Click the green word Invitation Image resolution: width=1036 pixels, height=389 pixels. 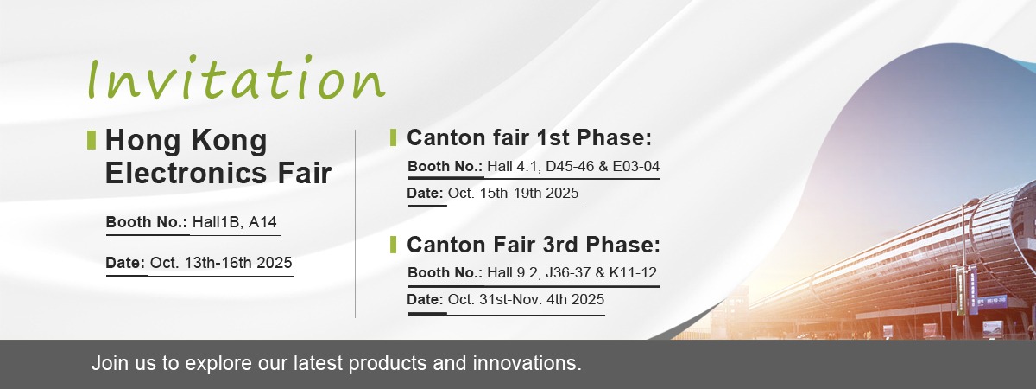(237, 78)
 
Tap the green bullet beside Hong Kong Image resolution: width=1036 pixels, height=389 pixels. (92, 140)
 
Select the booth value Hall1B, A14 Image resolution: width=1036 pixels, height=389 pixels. (235, 222)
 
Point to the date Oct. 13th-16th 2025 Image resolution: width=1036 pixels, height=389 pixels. (221, 263)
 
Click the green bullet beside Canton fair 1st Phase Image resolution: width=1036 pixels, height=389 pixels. (393, 137)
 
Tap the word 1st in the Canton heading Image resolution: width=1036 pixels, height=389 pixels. (553, 137)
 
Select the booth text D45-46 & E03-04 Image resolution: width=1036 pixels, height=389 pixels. (603, 166)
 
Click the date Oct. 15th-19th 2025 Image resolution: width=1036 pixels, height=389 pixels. (514, 193)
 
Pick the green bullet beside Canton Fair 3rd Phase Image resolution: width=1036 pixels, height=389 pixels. (393, 245)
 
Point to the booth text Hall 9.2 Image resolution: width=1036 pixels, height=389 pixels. (514, 272)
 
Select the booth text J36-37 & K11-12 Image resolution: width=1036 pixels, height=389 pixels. (601, 272)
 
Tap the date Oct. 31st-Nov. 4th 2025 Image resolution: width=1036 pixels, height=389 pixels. (526, 299)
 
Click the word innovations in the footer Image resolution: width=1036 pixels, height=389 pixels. (527, 363)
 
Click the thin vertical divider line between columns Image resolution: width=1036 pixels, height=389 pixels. (355, 224)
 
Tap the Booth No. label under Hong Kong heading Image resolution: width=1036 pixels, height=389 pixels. (146, 222)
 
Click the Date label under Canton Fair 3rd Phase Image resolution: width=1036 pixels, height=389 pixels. (425, 299)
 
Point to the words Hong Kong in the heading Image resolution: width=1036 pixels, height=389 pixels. (186, 140)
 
